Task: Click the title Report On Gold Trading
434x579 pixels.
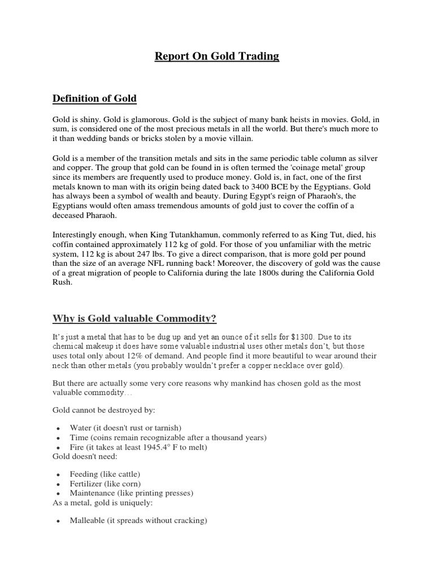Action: point(217,57)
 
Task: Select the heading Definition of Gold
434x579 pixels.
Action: point(94,98)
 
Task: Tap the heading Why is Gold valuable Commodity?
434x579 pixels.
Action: point(134,319)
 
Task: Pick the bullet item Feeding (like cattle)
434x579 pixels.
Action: point(105,474)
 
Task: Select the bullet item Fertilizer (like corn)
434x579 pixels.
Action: point(105,484)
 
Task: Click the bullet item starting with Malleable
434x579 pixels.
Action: point(138,521)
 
